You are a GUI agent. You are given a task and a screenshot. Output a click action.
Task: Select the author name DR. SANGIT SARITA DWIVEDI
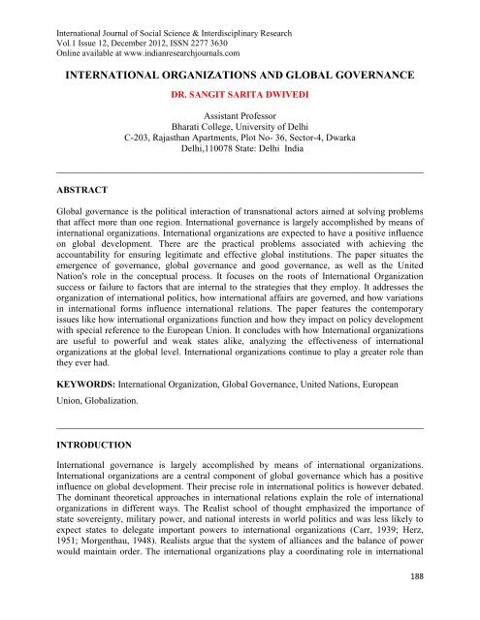click(x=240, y=97)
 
